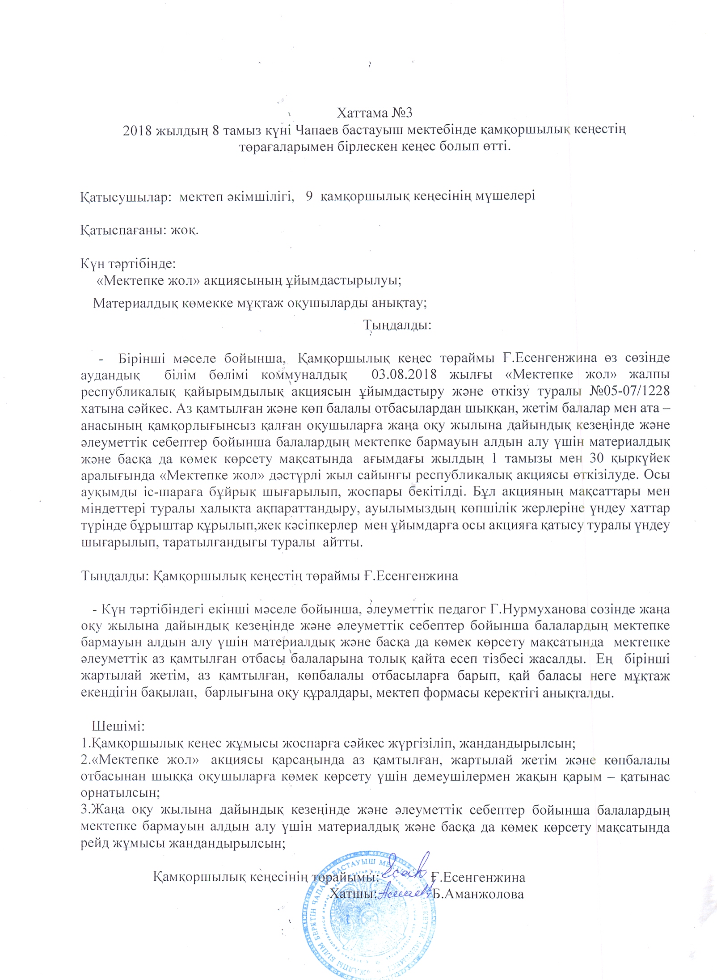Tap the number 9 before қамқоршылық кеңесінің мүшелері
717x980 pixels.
click(x=309, y=196)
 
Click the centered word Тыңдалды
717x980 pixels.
click(x=397, y=325)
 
